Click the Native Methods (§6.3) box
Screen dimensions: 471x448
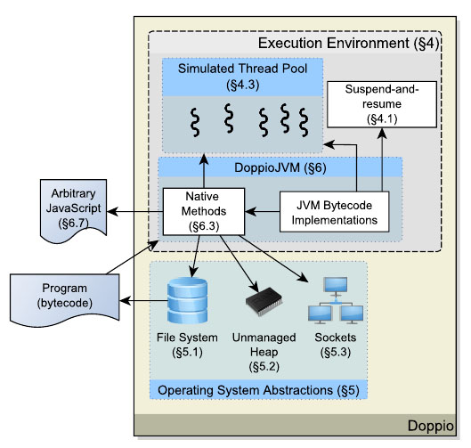click(204, 211)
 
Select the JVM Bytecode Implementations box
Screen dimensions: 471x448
click(334, 212)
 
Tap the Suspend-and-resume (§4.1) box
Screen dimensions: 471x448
click(382, 104)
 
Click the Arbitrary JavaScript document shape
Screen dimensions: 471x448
click(73, 210)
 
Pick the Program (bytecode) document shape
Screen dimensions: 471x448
click(65, 299)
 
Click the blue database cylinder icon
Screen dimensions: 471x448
click(188, 300)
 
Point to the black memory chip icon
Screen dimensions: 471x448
click(264, 301)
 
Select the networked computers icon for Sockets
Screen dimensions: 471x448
click(336, 300)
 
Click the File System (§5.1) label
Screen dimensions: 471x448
click(187, 345)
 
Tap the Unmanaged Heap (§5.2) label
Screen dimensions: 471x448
click(264, 352)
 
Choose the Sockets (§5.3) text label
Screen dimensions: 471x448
click(336, 345)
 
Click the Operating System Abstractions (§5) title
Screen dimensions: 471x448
click(258, 390)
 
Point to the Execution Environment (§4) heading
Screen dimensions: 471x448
click(348, 44)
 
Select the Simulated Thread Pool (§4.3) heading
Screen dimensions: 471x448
click(242, 77)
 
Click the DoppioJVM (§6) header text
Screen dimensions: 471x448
click(280, 167)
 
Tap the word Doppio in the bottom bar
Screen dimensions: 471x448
click(430, 426)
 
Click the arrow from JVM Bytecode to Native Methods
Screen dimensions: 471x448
click(263, 211)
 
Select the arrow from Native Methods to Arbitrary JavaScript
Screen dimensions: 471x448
click(134, 211)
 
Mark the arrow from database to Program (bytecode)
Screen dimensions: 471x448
click(143, 300)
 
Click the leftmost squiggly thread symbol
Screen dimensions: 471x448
click(195, 123)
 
